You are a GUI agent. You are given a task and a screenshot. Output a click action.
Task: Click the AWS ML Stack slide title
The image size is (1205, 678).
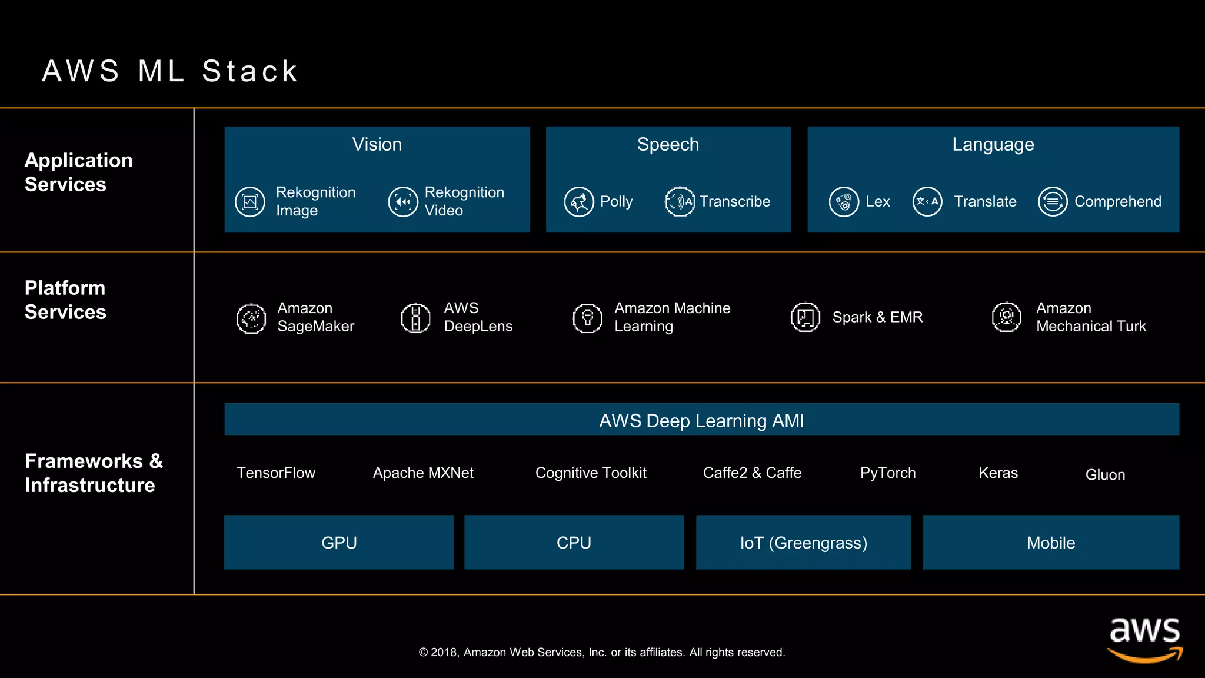pyautogui.click(x=170, y=71)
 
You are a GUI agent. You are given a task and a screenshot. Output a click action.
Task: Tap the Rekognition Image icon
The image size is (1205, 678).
pyautogui.click(x=250, y=202)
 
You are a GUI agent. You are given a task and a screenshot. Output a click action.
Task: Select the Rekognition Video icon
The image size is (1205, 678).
pyautogui.click(x=403, y=202)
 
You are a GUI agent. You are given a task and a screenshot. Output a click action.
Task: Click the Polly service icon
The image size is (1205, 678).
pyautogui.click(x=579, y=202)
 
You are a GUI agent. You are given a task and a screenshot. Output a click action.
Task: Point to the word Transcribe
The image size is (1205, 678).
pyautogui.click(x=734, y=201)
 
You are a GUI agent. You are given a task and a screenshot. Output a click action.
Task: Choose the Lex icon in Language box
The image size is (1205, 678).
pyautogui.click(x=844, y=202)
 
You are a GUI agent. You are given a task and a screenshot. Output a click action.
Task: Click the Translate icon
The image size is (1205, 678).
pyautogui.click(x=927, y=202)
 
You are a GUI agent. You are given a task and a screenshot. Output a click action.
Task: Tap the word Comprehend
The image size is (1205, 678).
pyautogui.click(x=1117, y=201)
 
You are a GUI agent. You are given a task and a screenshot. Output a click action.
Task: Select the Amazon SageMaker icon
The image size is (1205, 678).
pyautogui.click(x=251, y=318)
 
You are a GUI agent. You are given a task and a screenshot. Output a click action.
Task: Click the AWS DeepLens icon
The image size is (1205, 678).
pyautogui.click(x=416, y=318)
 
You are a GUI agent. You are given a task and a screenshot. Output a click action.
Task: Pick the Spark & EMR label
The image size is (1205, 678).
pyautogui.click(x=877, y=317)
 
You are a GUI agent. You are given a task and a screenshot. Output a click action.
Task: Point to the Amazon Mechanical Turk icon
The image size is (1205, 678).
pyautogui.click(x=1007, y=317)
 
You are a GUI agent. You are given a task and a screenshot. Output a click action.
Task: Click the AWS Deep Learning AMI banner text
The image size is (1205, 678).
pyautogui.click(x=701, y=420)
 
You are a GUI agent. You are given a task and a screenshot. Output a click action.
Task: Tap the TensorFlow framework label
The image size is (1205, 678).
pyautogui.click(x=276, y=473)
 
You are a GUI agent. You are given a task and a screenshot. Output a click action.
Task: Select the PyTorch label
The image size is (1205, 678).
pyautogui.click(x=888, y=473)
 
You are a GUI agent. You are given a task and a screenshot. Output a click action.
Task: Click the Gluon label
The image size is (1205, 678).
pyautogui.click(x=1105, y=474)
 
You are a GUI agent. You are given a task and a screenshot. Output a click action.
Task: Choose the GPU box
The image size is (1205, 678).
pyautogui.click(x=339, y=542)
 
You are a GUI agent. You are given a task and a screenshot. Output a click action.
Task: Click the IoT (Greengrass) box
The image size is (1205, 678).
pyautogui.click(x=803, y=542)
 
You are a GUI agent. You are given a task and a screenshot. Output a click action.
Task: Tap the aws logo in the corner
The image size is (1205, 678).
pyautogui.click(x=1144, y=638)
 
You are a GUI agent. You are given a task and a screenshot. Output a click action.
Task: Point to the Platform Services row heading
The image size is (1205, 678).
pyautogui.click(x=65, y=300)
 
